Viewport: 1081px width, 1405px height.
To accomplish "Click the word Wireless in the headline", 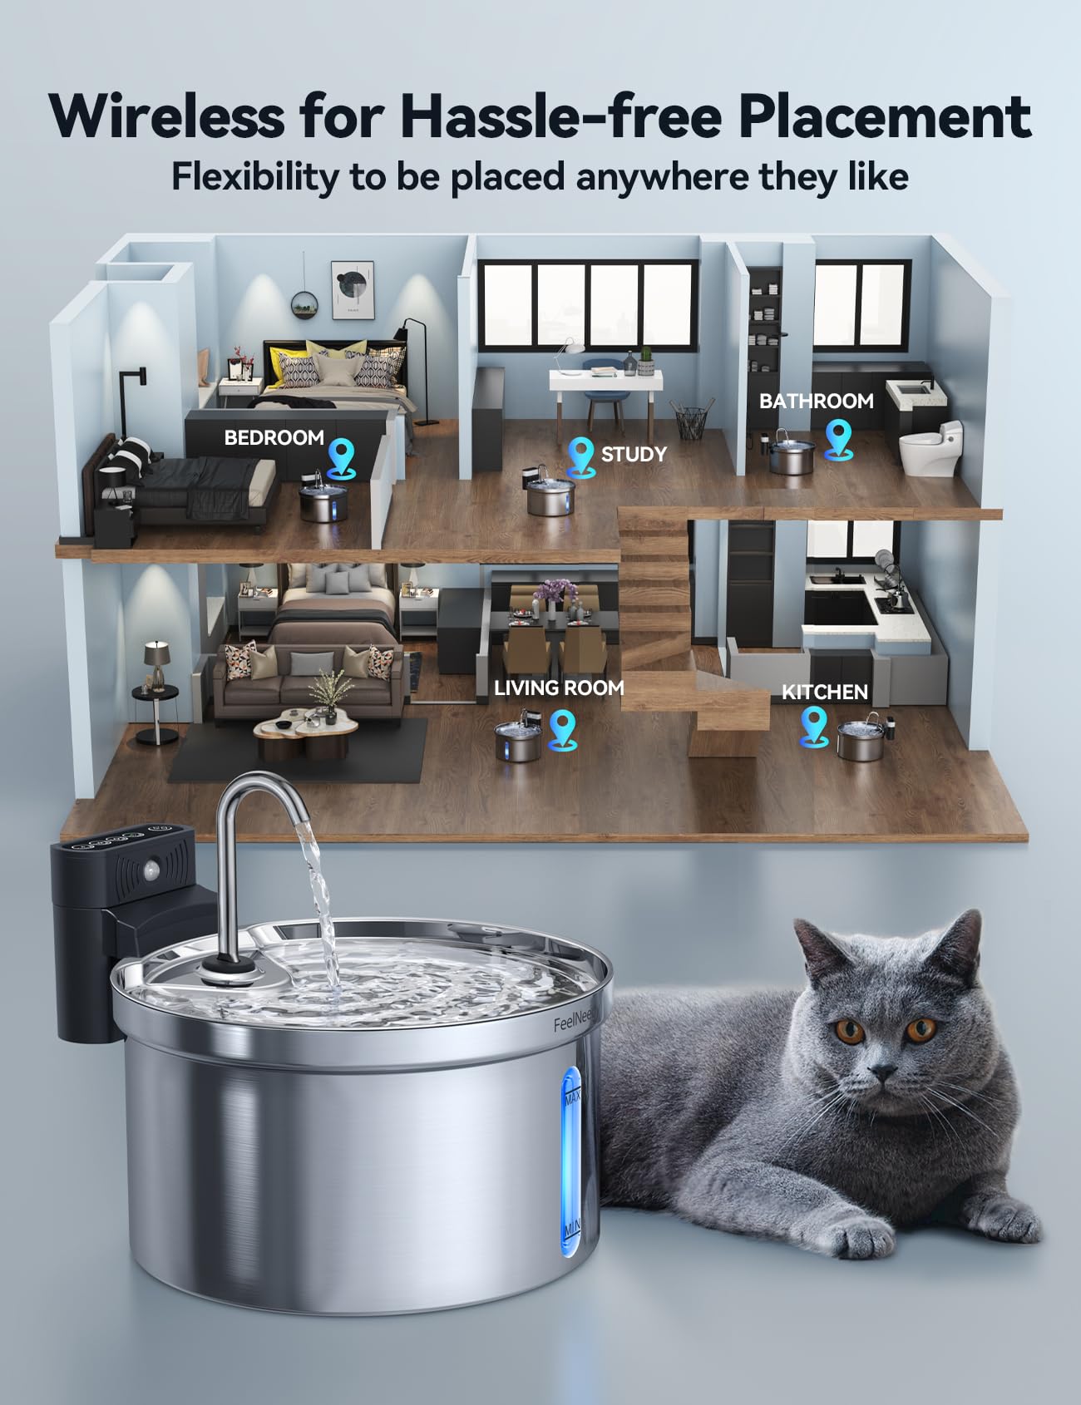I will tap(166, 116).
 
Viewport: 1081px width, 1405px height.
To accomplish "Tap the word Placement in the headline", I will tap(885, 116).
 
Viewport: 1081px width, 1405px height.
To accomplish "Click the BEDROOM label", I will tap(274, 437).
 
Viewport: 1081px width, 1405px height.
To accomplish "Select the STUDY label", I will tap(634, 454).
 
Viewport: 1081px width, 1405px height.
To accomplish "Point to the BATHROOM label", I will tap(816, 401).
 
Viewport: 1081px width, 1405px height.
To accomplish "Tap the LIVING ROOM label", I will tap(559, 688).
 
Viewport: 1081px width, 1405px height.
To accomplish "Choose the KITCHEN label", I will tap(824, 692).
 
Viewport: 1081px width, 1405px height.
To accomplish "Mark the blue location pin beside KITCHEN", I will tap(812, 726).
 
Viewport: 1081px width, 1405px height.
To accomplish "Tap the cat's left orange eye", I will tap(849, 1032).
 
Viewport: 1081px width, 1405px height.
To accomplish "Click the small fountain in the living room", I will tap(517, 741).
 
